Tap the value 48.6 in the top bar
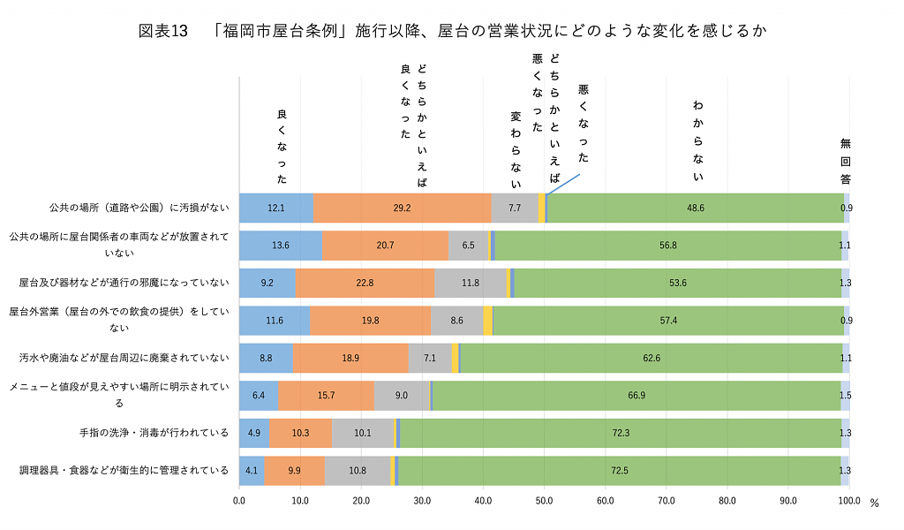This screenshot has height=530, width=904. (696, 208)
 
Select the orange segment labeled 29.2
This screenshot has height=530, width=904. (403, 208)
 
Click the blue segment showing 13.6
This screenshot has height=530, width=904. (281, 245)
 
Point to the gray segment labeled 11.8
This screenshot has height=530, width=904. (470, 283)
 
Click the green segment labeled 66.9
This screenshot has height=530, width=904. (636, 395)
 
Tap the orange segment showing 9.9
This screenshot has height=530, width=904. (295, 470)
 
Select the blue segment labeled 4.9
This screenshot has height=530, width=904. (253, 433)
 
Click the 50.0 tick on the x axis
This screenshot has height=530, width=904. (544, 501)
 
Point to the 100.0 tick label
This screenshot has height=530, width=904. (848, 501)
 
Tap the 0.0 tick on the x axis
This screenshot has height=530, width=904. (239, 501)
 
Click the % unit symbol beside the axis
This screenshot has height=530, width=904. (875, 503)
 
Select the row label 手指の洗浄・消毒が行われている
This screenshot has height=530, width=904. (154, 433)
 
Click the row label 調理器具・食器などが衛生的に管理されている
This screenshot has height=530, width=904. (124, 470)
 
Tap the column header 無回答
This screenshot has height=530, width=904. (845, 160)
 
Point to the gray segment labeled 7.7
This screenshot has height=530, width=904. (515, 208)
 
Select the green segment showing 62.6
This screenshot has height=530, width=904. (652, 358)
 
